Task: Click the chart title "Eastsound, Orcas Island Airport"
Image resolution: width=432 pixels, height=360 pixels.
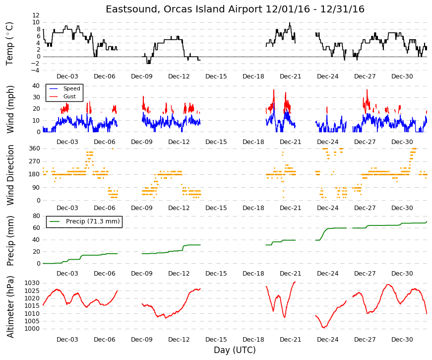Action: coord(184,9)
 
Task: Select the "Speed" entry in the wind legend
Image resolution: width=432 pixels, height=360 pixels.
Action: coord(71,88)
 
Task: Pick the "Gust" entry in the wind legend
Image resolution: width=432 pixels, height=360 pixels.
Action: coord(69,96)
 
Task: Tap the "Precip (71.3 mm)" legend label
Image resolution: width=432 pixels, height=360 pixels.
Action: coord(93,221)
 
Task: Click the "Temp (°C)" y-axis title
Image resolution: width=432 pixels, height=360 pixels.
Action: coord(9,44)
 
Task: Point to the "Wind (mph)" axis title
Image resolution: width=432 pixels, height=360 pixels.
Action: coord(10,109)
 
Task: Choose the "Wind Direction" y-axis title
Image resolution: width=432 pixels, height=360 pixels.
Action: coord(10,175)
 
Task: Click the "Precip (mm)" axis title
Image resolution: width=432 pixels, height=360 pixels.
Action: coord(10,240)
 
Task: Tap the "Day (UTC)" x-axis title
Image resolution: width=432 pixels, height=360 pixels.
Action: coord(235,350)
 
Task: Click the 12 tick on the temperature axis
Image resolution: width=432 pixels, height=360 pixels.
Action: coord(36,15)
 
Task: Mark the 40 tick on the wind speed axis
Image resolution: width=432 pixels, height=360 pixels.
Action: coord(36,86)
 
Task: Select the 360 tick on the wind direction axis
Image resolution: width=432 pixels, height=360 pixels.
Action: coord(34,148)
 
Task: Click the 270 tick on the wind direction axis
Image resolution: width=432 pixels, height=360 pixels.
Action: coord(34,161)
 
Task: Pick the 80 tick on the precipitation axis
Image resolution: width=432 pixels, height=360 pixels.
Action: coord(36,216)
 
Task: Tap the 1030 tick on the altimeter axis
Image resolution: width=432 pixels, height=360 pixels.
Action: coord(32,284)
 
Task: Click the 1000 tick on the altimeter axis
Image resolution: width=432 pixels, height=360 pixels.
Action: coord(32,329)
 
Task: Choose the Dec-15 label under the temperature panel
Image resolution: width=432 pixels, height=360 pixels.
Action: coord(216,76)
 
